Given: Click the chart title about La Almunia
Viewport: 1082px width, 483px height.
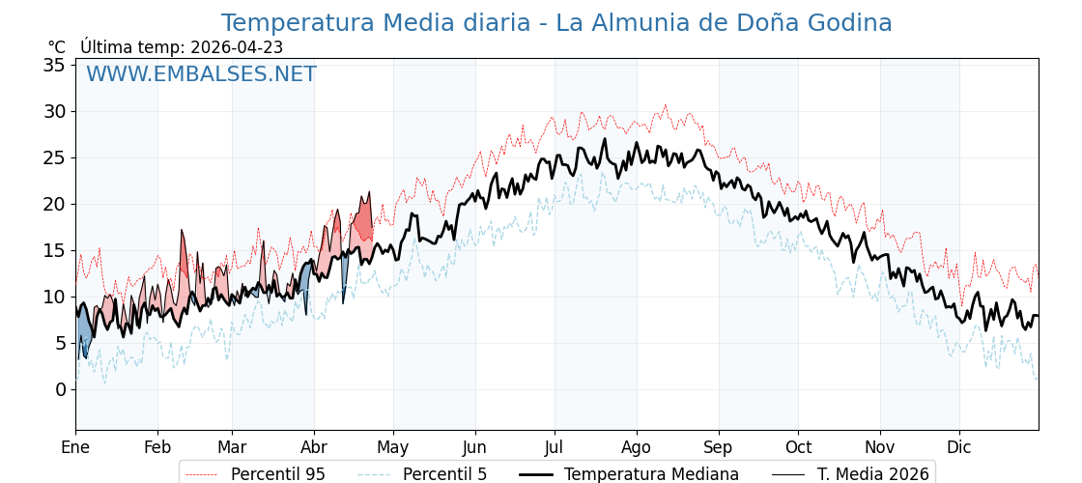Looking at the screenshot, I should pyautogui.click(x=555, y=23).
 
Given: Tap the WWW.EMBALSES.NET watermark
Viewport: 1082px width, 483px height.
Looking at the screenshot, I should pyautogui.click(x=201, y=74).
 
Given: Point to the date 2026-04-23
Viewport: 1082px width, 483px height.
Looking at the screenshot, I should pyautogui.click(x=237, y=47).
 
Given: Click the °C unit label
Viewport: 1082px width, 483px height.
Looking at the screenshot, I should pyautogui.click(x=57, y=47).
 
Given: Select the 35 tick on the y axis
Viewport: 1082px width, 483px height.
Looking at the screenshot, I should pyautogui.click(x=54, y=66).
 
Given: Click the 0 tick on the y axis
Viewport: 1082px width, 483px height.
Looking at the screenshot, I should pyautogui.click(x=60, y=389).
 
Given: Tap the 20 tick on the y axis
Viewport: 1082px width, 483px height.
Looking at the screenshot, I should pyautogui.click(x=54, y=204).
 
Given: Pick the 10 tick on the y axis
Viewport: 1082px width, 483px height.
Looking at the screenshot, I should pyautogui.click(x=54, y=297).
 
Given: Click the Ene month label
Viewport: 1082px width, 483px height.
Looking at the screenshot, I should pyautogui.click(x=75, y=447).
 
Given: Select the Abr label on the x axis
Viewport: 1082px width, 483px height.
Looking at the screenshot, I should pyautogui.click(x=314, y=447).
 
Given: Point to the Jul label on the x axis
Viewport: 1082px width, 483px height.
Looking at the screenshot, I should pyautogui.click(x=555, y=447).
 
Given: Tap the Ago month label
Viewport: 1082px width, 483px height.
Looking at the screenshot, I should pyautogui.click(x=637, y=447).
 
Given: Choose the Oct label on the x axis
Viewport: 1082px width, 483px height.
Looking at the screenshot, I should pyautogui.click(x=798, y=447).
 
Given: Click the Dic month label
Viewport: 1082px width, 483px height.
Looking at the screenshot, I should pyautogui.click(x=959, y=447).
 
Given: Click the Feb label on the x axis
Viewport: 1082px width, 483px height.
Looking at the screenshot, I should pyautogui.click(x=157, y=447).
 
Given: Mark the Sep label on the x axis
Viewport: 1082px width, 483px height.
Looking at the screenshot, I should pyautogui.click(x=719, y=447).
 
